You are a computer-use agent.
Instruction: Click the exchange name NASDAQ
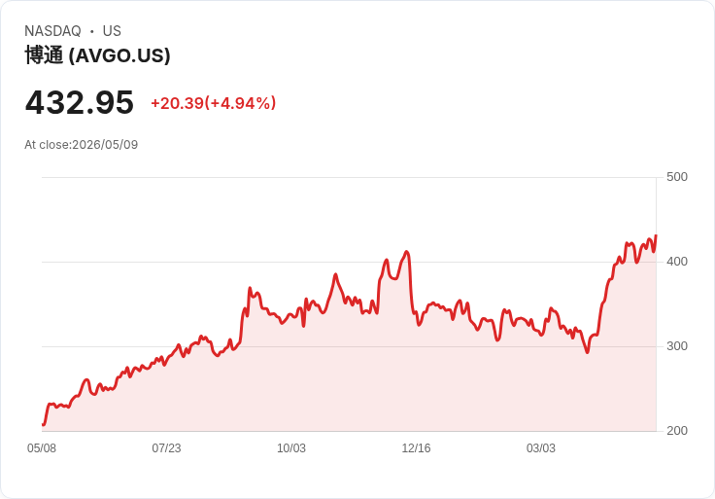[x=52, y=31]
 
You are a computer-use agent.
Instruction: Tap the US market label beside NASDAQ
[x=112, y=31]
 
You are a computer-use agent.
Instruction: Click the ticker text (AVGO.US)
[x=119, y=55]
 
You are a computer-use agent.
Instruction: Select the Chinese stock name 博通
[x=44, y=55]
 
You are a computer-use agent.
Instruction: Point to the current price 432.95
[x=80, y=102]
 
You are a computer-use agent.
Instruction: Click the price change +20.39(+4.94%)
[x=214, y=103]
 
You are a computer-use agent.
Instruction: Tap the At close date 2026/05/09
[x=105, y=145]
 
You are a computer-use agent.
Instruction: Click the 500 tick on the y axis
[x=677, y=177]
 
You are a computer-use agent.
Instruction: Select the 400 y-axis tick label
[x=677, y=262]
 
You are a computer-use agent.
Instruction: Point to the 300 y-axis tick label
[x=677, y=346]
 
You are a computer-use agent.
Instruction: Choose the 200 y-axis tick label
[x=677, y=431]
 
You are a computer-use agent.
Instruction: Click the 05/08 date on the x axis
[x=42, y=448]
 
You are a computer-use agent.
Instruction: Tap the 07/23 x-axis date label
[x=166, y=448]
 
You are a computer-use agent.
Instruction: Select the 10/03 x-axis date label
[x=291, y=448]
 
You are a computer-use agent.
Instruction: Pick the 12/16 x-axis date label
[x=416, y=448]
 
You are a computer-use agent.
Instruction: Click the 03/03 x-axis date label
[x=541, y=448]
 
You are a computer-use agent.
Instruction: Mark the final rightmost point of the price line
[x=656, y=235]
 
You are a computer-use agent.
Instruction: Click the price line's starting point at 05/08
[x=43, y=424]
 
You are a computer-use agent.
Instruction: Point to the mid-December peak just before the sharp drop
[x=407, y=252]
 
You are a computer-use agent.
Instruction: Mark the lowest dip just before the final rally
[x=588, y=352]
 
